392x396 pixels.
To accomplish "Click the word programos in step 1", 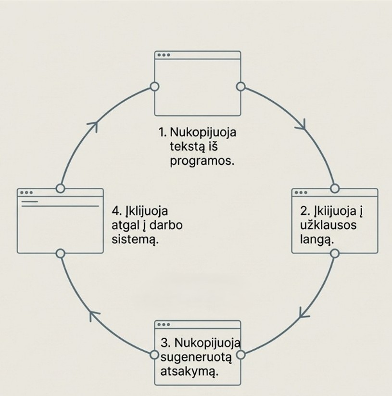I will (202, 161).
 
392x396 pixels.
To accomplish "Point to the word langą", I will (317, 239).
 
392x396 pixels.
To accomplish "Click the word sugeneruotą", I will (196, 357).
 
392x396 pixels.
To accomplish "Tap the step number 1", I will (162, 132).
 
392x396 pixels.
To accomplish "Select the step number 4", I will (116, 211).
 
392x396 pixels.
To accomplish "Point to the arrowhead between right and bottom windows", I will (304, 313).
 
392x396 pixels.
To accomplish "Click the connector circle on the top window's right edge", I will (241, 87).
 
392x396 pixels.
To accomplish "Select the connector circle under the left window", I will (60, 253).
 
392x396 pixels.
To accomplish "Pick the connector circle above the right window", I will (335, 188).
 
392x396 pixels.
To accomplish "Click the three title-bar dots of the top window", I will (164, 55).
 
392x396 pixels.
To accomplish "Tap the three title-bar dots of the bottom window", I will (164, 325).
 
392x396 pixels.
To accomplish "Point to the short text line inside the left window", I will (30, 201).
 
